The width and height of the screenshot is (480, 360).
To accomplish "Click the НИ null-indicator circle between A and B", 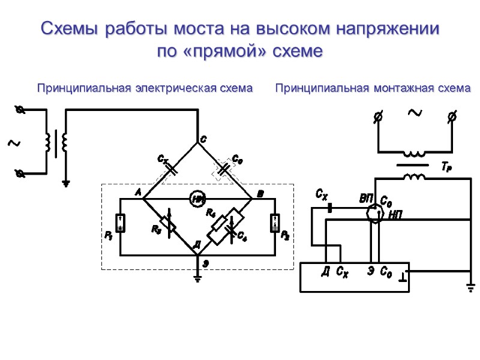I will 197,199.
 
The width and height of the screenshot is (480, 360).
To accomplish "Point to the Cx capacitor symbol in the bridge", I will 171,168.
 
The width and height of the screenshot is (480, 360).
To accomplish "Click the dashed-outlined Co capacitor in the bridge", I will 224,169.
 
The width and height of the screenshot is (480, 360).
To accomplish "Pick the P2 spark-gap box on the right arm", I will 274,224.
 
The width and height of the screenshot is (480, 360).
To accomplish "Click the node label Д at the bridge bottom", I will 196,246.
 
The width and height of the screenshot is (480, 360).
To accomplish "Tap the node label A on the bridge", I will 137,193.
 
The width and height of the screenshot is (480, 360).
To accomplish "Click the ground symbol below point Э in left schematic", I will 197,278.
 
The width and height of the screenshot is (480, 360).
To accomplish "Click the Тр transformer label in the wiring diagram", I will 445,169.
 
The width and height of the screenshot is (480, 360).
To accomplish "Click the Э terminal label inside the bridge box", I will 371,271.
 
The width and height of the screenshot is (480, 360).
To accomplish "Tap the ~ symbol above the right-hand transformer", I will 415,112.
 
